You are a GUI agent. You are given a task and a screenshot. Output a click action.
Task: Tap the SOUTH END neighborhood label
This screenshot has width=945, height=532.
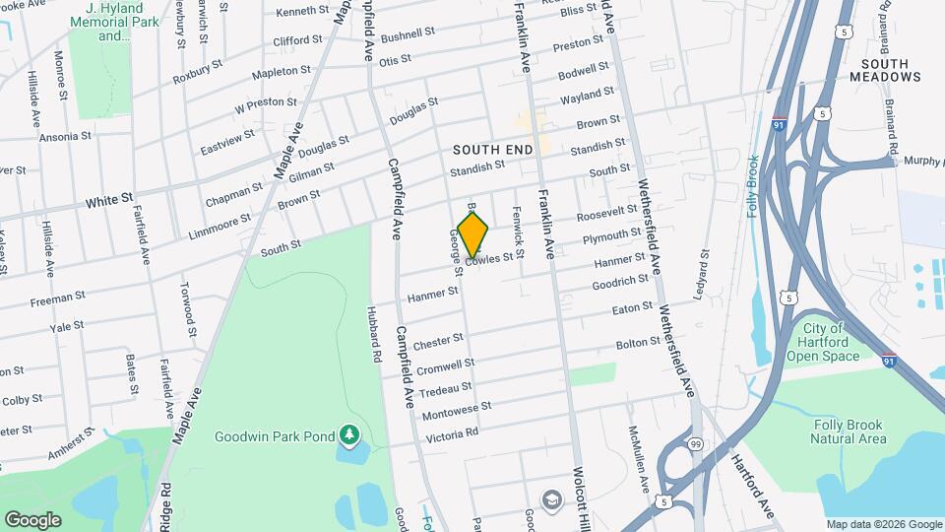[x=492, y=149]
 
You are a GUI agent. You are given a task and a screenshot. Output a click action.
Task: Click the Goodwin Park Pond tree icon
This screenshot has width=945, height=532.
[x=347, y=433]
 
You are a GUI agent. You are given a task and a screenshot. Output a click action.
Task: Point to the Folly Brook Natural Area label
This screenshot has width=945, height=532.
[x=850, y=432]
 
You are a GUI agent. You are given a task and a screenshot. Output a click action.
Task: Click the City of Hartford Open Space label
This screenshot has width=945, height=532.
[x=823, y=342]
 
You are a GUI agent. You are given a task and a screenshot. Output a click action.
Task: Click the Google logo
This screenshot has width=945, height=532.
[x=32, y=519]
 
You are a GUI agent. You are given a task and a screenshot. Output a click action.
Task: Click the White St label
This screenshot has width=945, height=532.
[x=109, y=199]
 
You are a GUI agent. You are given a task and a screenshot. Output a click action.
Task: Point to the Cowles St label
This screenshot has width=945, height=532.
[x=489, y=259]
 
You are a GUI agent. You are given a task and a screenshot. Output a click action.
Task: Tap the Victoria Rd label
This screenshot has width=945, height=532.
[x=451, y=432]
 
